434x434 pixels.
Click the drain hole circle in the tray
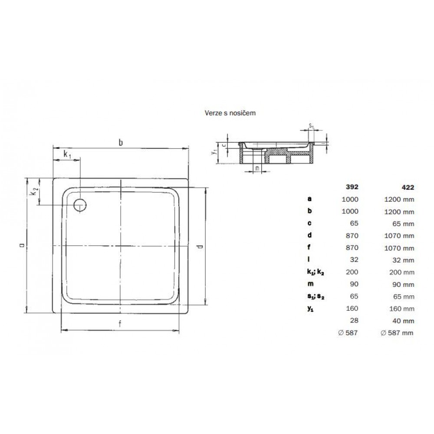point(80,205)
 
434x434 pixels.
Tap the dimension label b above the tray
point(121,142)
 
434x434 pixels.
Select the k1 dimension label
point(67,155)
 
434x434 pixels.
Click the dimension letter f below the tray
point(120,324)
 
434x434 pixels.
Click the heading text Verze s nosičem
point(230,113)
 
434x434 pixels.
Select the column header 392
point(352,187)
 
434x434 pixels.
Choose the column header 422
point(408,187)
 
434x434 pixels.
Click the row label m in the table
point(310,284)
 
